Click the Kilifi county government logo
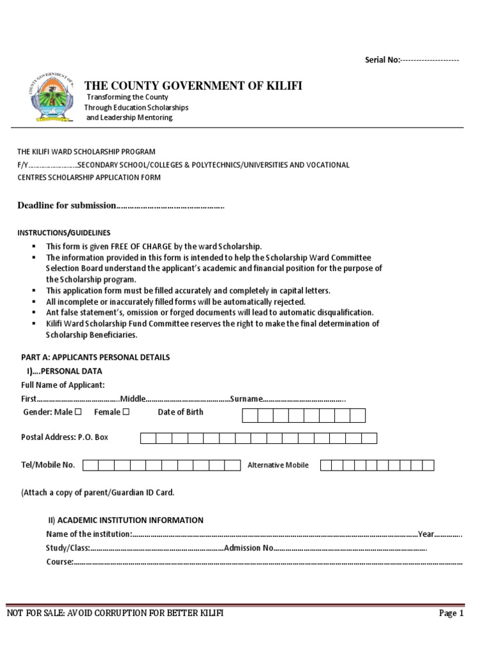pyautogui.click(x=52, y=99)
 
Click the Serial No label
pyautogui.click(x=382, y=60)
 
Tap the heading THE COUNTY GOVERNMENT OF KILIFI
pyautogui.click(x=193, y=86)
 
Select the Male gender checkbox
pyautogui.click(x=78, y=412)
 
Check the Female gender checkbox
pyautogui.click(x=126, y=412)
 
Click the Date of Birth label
pyautogui.click(x=181, y=412)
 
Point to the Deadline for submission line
pyautogui.click(x=120, y=205)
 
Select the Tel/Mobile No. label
pyautogui.click(x=48, y=465)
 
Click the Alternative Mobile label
pyautogui.click(x=278, y=465)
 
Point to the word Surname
pyautogui.click(x=246, y=399)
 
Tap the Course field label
pyautogui.click(x=59, y=562)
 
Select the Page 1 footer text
pyautogui.click(x=451, y=613)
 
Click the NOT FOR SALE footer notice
pyautogui.click(x=115, y=613)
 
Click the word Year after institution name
pyautogui.click(x=426, y=534)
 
